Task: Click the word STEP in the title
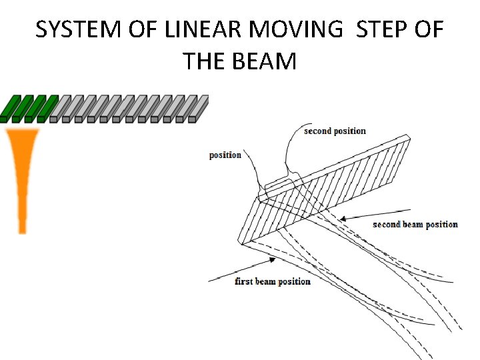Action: pyautogui.click(x=384, y=30)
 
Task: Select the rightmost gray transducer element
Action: pyautogui.click(x=199, y=108)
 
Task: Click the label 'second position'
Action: pyautogui.click(x=335, y=131)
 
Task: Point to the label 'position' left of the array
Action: pyautogui.click(x=225, y=155)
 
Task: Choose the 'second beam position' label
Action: pyautogui.click(x=415, y=224)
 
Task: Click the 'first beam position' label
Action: pyautogui.click(x=273, y=281)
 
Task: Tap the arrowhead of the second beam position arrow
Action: pyautogui.click(x=341, y=218)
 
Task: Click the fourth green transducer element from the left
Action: pyautogui.click(x=47, y=108)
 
